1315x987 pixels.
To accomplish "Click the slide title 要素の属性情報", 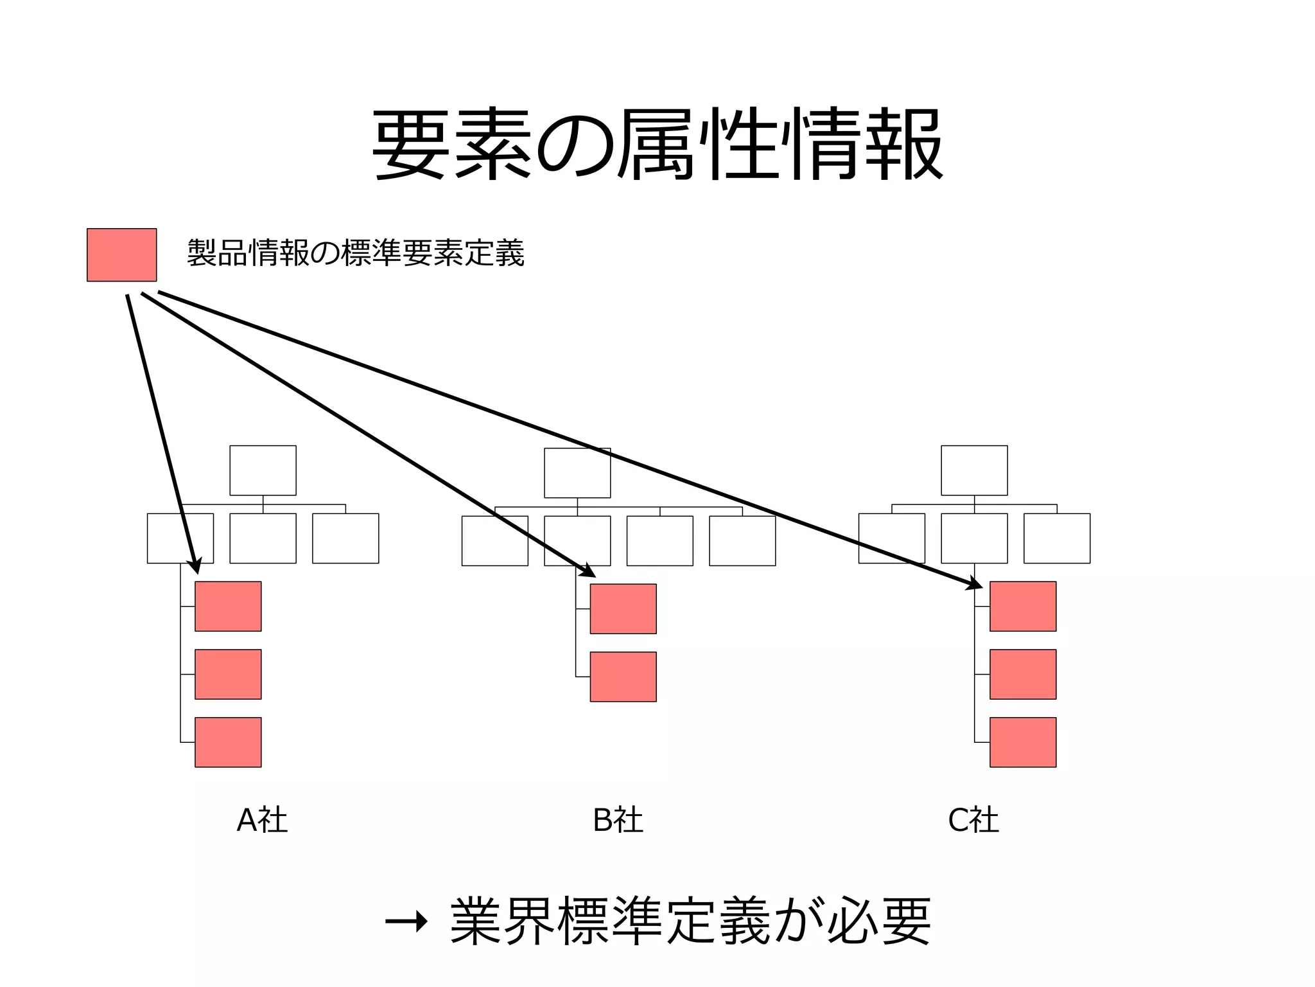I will coord(657,144).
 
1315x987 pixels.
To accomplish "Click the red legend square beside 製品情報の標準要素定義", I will coord(121,254).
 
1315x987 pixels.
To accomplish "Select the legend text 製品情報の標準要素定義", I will coord(356,253).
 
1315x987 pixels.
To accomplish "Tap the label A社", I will coord(262,820).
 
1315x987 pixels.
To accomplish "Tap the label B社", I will coord(618,820).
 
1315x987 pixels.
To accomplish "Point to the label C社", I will coord(973,820).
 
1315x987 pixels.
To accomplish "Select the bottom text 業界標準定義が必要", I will coord(690,921).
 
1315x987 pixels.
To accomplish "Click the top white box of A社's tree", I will coord(263,470).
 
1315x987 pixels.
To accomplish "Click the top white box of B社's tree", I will coord(577,473).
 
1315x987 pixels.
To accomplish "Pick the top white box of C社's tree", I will coord(974,470).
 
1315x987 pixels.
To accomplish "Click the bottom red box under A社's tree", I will coord(228,742).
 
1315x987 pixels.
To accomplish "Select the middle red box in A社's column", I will coord(228,674).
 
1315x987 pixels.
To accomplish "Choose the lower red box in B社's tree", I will coord(623,677).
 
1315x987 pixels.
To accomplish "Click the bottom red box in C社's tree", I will coord(1023,742).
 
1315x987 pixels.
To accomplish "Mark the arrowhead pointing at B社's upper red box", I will coord(589,571).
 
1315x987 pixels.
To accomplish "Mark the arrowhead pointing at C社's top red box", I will coord(975,583).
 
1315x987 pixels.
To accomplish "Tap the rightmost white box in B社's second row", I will coord(742,541).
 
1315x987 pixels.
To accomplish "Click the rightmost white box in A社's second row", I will coord(345,538).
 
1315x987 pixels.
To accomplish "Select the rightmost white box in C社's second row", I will coord(1057,538).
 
